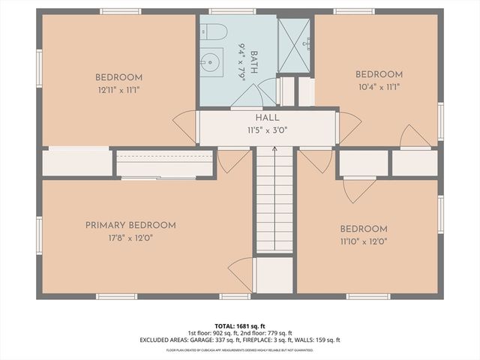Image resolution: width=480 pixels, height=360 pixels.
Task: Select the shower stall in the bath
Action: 295,45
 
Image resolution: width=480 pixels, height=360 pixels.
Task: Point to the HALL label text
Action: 267,118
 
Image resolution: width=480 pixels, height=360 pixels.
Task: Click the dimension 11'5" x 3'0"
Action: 267,130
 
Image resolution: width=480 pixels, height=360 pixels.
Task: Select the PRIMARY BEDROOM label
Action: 130,225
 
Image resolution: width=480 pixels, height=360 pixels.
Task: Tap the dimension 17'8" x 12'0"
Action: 130,238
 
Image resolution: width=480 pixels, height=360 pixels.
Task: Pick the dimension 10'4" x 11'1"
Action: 379,88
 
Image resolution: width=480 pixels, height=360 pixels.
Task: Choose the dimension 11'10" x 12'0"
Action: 364,242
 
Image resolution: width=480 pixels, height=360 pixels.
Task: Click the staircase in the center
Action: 274,202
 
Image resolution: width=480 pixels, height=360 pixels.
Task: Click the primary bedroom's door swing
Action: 241,270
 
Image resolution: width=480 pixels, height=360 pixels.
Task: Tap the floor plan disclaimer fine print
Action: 240,349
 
